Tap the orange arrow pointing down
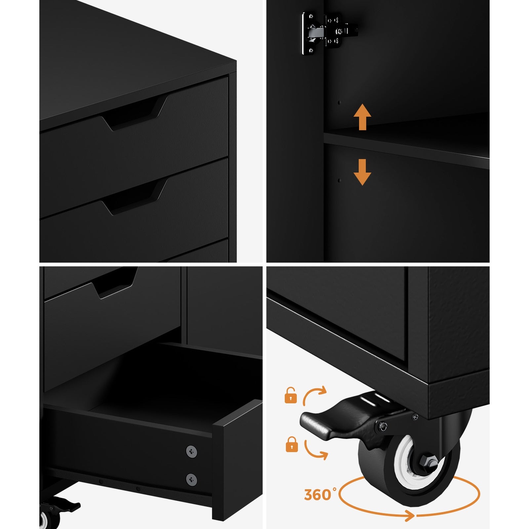(x=362, y=172)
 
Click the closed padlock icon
(x=291, y=444)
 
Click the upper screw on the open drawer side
(x=191, y=451)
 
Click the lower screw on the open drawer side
(x=191, y=479)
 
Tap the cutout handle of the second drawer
(x=134, y=198)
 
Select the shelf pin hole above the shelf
(x=339, y=103)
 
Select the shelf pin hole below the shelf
(x=339, y=181)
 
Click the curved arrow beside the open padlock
(x=314, y=395)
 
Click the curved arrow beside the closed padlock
(x=315, y=450)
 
